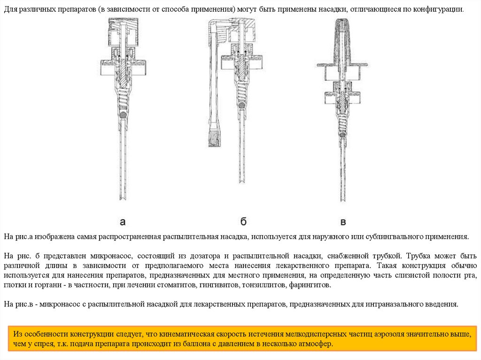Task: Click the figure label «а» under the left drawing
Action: [123, 221]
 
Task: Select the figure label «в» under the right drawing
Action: [343, 222]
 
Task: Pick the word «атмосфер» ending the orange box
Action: [317, 344]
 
